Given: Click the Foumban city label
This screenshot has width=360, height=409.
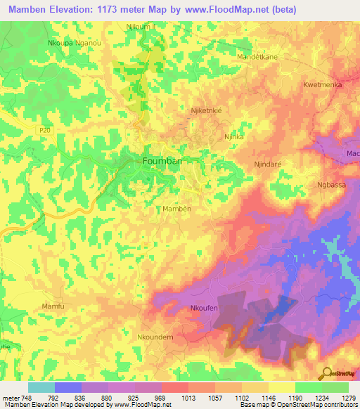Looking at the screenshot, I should click(x=162, y=161).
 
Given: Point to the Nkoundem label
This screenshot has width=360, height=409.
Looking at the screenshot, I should click(x=155, y=337).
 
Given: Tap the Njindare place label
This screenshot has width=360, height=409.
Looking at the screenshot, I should click(x=268, y=164).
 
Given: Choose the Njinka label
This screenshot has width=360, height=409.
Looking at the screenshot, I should click(x=233, y=137).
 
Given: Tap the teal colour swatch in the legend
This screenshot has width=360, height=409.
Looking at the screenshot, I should click(x=41, y=387).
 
